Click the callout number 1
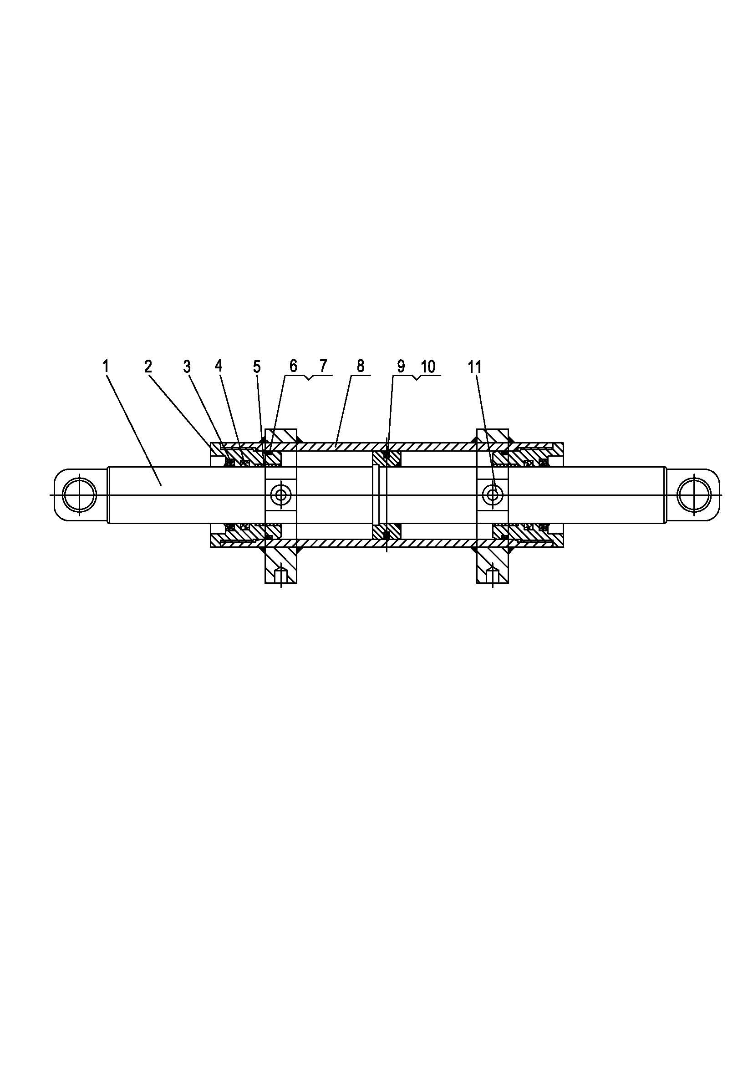(106, 367)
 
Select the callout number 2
(148, 367)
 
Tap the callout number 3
(187, 367)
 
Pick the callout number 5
(257, 367)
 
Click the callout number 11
(475, 367)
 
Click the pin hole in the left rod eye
(79, 495)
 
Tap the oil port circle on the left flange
(281, 495)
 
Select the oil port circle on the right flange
(493, 495)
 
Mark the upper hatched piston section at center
(387, 459)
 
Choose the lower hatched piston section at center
(387, 531)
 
